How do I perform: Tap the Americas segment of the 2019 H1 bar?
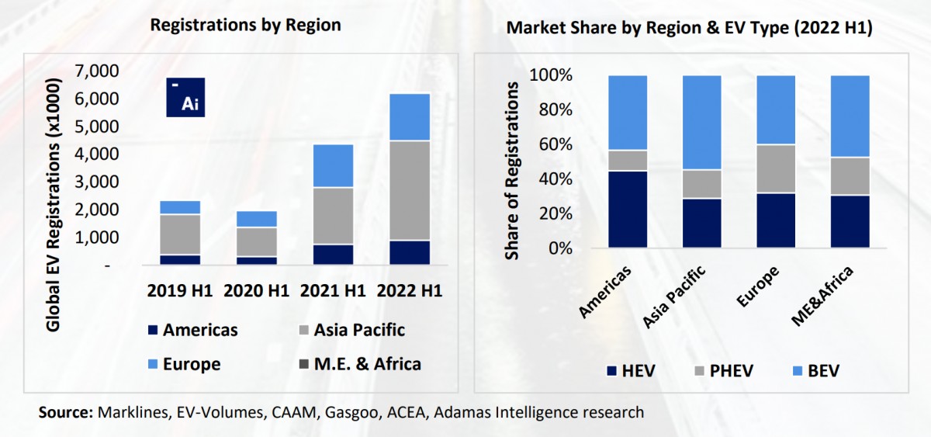[x=180, y=260]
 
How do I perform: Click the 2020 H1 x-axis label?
[x=256, y=292]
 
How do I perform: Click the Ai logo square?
[x=186, y=98]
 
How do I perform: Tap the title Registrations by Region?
[x=245, y=25]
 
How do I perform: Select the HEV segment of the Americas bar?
[x=628, y=210]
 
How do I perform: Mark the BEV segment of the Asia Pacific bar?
[x=701, y=123]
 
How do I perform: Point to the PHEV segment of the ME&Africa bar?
[x=849, y=176]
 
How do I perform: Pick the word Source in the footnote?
[x=64, y=412]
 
